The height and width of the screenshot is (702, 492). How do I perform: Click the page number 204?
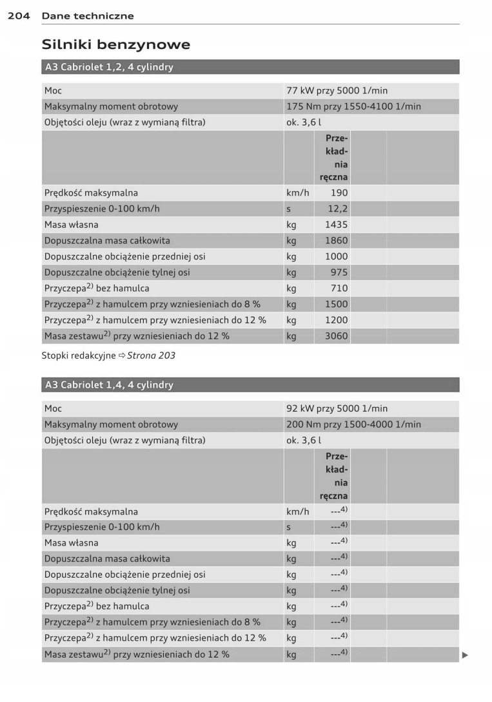coord(19,15)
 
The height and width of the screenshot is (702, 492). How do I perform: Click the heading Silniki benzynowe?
coord(115,44)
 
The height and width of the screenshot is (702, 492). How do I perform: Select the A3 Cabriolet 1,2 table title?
coord(109,67)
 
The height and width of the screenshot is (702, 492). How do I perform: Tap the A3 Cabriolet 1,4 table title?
coord(109,385)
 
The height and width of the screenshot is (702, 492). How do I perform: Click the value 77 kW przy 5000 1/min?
coord(337,91)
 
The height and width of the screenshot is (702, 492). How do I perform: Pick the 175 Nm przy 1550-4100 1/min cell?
coord(353,107)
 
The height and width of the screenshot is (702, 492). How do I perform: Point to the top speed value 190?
coord(339,193)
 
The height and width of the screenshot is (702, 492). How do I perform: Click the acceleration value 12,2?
coord(337,209)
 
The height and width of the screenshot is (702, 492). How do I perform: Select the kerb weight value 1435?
coord(336,225)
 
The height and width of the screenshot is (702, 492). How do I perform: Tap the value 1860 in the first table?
coord(336,241)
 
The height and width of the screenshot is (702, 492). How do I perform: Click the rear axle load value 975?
coord(339,272)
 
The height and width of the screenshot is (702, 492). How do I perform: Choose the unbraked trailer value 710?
coord(339,289)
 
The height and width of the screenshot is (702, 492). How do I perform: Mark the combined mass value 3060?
coord(336,336)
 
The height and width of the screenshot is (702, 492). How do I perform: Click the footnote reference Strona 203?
coord(151,356)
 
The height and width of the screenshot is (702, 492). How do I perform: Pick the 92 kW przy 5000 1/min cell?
coord(337,409)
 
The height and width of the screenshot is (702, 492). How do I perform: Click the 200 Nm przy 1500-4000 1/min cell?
coord(353,425)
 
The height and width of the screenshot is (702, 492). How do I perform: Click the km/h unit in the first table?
coord(297,193)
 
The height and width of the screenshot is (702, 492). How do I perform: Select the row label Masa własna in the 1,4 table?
coord(72,543)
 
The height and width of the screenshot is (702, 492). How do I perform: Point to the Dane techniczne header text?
coord(88,15)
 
